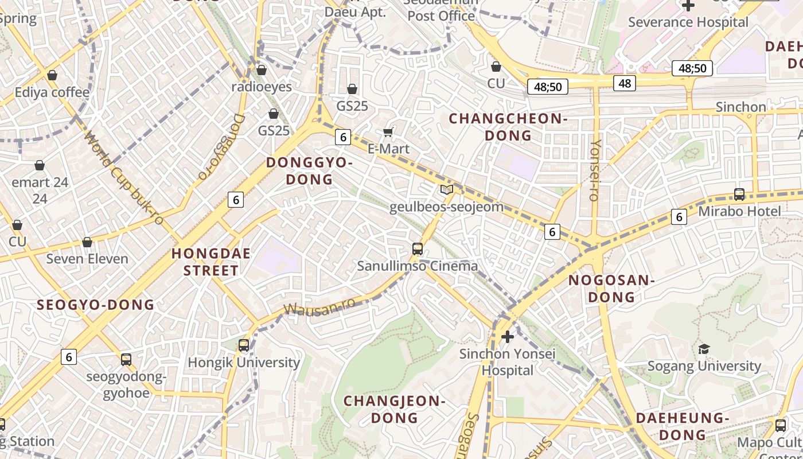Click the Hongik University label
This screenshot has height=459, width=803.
[x=244, y=363]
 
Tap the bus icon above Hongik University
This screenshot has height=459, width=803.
[x=244, y=345]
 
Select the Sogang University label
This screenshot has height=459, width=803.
[x=704, y=365]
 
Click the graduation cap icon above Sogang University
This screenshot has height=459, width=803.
[x=704, y=349]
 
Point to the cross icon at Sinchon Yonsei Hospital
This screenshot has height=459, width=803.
[x=507, y=336]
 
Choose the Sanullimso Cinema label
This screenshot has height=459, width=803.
[x=417, y=266]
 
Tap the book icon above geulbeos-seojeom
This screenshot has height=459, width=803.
[x=446, y=189]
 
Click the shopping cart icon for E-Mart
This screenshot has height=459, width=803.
[x=388, y=133]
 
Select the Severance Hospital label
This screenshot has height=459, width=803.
[x=688, y=22]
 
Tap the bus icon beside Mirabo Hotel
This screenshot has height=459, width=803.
[x=739, y=195]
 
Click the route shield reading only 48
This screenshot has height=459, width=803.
[x=624, y=83]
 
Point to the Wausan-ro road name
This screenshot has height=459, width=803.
[x=319, y=308]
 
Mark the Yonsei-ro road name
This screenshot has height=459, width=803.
[x=595, y=170]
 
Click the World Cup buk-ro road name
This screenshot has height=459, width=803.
[x=123, y=178]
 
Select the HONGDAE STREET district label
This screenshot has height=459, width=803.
[x=211, y=262]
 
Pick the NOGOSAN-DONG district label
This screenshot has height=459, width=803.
[x=611, y=288]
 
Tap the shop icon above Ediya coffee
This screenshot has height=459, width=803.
[x=52, y=75]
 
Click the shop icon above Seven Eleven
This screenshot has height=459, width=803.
[x=87, y=242]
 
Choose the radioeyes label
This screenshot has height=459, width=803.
[x=261, y=87]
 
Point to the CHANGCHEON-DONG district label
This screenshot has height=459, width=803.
[x=508, y=127]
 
